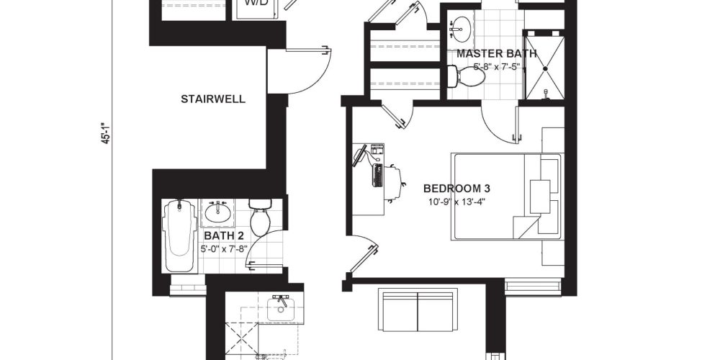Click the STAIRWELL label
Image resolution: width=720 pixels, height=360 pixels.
point(213,99)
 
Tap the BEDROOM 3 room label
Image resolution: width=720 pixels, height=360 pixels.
point(457,188)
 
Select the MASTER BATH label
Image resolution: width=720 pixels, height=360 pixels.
point(496,54)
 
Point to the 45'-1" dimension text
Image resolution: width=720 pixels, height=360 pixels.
point(106,132)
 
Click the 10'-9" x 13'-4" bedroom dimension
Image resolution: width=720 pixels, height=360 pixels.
point(457,201)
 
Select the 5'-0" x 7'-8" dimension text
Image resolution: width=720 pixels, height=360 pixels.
point(224,249)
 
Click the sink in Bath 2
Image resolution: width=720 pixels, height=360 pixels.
point(217,212)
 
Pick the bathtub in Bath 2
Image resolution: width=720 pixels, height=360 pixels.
point(180,235)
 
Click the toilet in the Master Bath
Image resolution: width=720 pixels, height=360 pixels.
point(467,76)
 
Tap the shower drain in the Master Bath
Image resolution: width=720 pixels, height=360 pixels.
point(545,69)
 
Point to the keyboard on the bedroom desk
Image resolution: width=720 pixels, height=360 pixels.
point(377,175)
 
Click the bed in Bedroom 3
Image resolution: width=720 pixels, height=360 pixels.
point(508,197)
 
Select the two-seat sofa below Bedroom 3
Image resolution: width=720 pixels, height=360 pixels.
point(418,310)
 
